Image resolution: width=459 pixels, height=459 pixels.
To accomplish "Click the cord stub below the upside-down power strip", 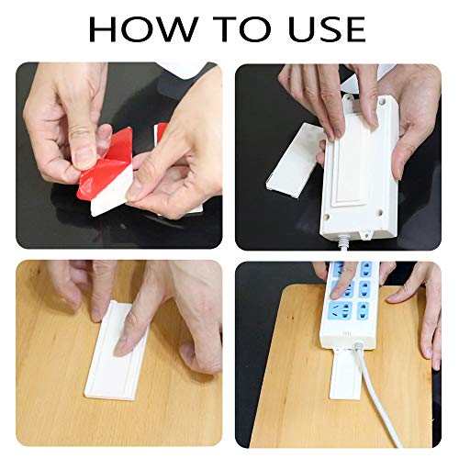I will tap(344, 244).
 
